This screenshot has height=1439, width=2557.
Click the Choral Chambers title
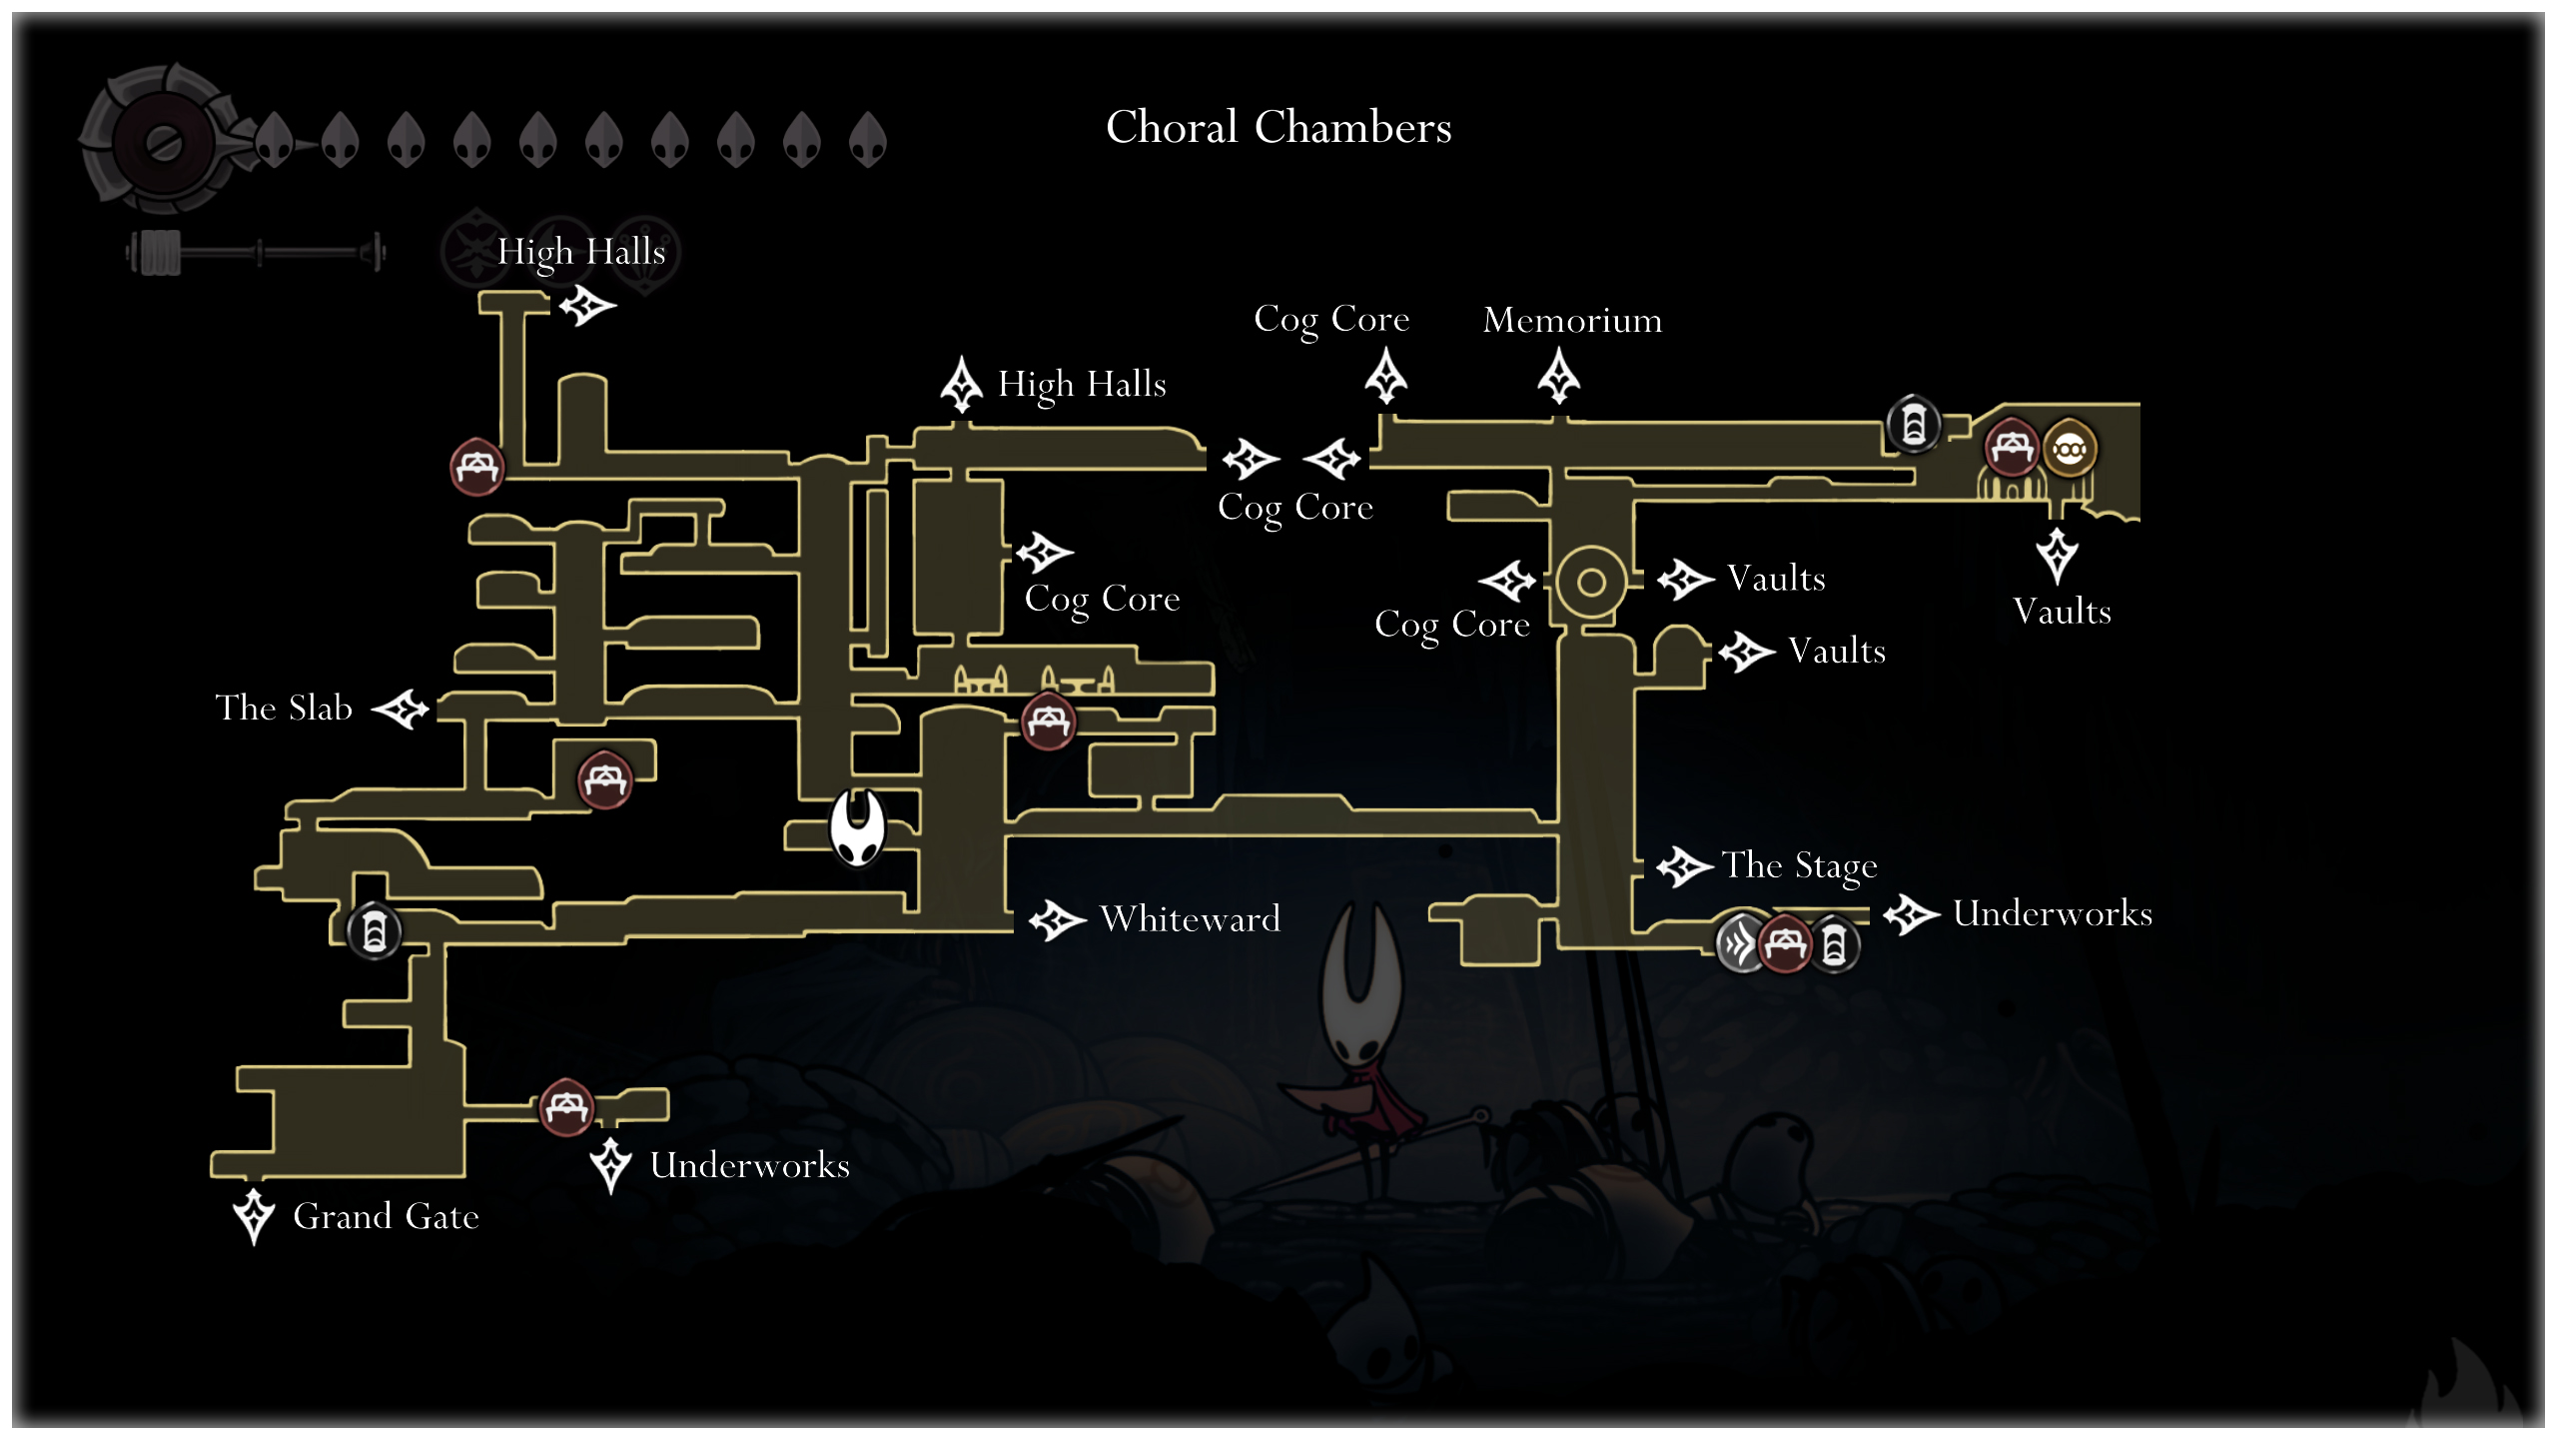click(x=1278, y=127)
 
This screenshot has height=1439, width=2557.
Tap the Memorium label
click(x=1572, y=320)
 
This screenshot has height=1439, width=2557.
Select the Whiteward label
click(x=1190, y=918)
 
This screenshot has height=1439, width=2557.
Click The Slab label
click(x=284, y=708)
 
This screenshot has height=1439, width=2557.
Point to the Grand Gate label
click(x=386, y=1216)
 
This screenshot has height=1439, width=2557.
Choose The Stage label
click(x=1799, y=865)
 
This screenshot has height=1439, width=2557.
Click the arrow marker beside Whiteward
click(x=1057, y=919)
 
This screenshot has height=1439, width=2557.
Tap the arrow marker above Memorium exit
click(x=1558, y=377)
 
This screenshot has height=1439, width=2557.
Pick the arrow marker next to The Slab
click(x=402, y=709)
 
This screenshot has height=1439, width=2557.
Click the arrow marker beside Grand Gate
click(x=254, y=1214)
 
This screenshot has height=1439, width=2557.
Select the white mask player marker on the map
click(x=857, y=826)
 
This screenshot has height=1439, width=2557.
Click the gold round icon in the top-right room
click(x=2069, y=450)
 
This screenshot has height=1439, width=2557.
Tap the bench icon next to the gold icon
click(x=2011, y=447)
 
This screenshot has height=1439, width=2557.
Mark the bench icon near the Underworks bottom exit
click(x=566, y=1106)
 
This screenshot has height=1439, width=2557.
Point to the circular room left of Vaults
click(x=1590, y=582)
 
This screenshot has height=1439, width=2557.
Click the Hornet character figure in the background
click(x=1362, y=1039)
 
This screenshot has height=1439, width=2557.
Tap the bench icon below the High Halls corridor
click(x=476, y=467)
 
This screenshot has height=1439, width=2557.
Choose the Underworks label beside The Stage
click(x=2052, y=913)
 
